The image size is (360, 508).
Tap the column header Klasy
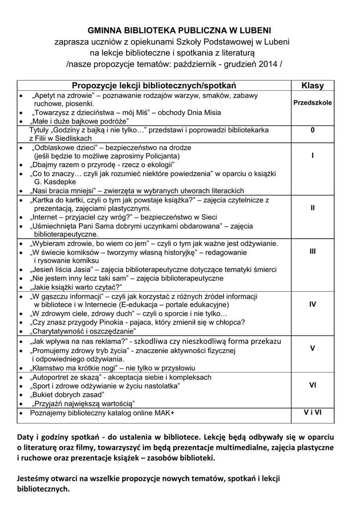(312, 85)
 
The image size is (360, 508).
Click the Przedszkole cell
(312, 103)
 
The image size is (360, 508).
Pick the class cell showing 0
(312, 130)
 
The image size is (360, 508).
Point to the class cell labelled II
(312, 208)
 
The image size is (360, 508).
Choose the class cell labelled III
(312, 251)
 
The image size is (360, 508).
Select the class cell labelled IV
(312, 304)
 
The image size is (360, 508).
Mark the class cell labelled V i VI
(312, 412)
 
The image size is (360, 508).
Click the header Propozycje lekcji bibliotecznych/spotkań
(154, 85)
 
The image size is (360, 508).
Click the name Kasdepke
(57, 182)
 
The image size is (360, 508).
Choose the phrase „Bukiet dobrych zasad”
(67, 394)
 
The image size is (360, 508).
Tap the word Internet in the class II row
(46, 217)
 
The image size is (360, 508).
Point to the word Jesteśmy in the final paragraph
(34, 479)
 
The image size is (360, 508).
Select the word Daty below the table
(26, 437)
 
